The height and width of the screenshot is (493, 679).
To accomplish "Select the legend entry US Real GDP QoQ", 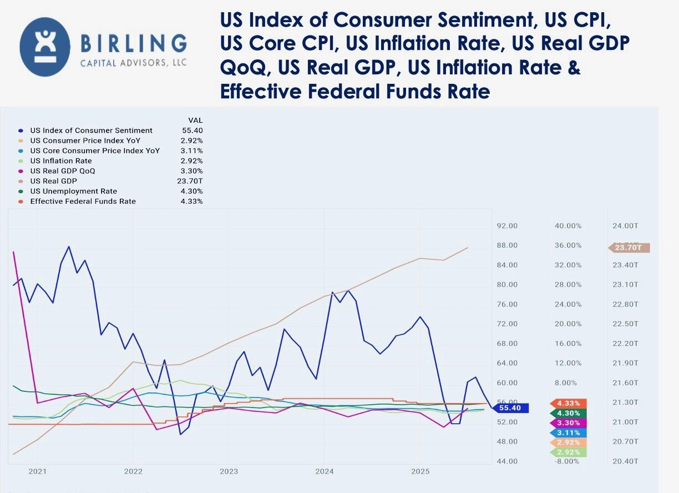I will [62, 171].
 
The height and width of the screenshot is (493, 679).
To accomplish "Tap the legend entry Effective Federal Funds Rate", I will [83, 201].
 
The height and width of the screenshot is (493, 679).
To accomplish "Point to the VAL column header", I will [195, 120].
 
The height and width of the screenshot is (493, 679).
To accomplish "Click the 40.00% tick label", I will [568, 226].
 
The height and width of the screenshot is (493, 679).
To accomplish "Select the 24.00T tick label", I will [625, 226].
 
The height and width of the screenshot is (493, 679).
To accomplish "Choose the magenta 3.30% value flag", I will [568, 423].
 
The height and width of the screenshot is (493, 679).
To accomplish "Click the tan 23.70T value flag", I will [630, 248].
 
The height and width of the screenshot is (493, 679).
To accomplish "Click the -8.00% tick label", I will [568, 461].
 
